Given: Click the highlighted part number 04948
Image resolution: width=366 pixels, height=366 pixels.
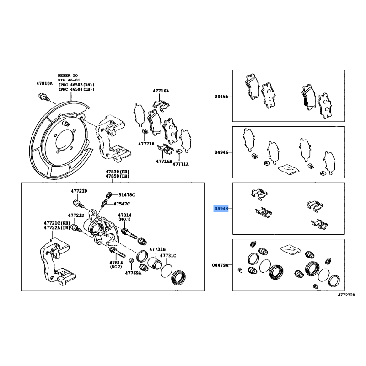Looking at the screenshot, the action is [x=221, y=208].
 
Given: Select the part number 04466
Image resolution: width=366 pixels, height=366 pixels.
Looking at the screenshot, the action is [x=221, y=96].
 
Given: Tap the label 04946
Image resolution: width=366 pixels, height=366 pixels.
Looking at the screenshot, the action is [x=221, y=152].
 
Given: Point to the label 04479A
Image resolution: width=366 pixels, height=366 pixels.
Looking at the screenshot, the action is [x=220, y=265].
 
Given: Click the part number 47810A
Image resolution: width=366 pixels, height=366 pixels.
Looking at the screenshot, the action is [x=44, y=83].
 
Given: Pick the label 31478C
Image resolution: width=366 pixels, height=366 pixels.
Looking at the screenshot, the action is [x=127, y=195].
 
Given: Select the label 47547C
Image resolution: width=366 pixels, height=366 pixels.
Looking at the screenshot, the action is [x=122, y=204].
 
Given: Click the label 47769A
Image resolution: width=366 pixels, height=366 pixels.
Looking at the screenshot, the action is [x=133, y=273].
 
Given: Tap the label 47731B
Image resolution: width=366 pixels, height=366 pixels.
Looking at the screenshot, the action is [x=157, y=249].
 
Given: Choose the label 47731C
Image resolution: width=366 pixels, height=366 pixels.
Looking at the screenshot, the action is [x=168, y=255].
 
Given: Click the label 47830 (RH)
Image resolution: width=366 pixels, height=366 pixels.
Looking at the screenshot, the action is [x=118, y=172].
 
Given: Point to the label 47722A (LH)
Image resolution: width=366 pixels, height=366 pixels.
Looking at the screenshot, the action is [x=57, y=227].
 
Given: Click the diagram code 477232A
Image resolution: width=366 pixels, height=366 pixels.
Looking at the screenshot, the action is [x=347, y=295].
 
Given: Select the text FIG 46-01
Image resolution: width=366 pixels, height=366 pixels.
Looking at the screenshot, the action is [x=69, y=80].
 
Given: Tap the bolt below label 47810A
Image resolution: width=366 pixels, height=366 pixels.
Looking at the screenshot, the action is [x=43, y=97].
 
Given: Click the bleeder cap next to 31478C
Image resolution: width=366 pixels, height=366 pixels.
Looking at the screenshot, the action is [x=108, y=195].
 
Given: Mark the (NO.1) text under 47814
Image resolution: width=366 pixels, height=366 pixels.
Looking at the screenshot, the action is [x=124, y=219].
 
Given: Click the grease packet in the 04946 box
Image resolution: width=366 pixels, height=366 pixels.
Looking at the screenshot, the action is [x=288, y=169].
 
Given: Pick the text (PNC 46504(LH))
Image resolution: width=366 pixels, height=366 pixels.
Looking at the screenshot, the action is [x=76, y=89].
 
